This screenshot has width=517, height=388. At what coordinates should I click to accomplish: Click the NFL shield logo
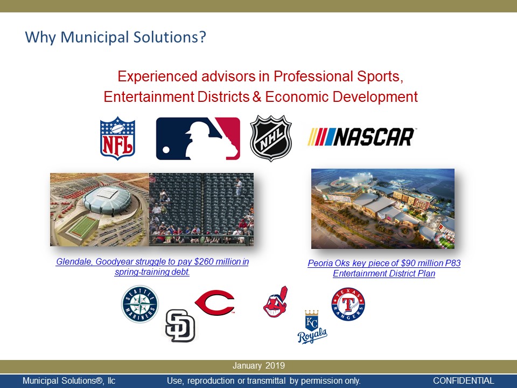pyautogui.click(x=117, y=138)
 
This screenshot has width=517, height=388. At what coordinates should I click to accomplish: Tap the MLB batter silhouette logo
pyautogui.click(x=198, y=138)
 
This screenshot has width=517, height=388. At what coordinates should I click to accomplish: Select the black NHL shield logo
pyautogui.click(x=271, y=138)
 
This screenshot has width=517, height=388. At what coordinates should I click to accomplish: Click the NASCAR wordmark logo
pyautogui.click(x=361, y=136)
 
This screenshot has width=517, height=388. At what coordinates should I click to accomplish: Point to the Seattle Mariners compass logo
pyautogui.click(x=140, y=304)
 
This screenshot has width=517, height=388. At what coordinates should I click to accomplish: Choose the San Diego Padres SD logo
pyautogui.click(x=180, y=325)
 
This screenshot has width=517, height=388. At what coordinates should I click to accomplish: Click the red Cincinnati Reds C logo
pyautogui.click(x=215, y=302)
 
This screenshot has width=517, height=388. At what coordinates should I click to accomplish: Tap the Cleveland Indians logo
pyautogui.click(x=276, y=302)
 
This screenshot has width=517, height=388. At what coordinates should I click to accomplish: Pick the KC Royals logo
pyautogui.click(x=312, y=327)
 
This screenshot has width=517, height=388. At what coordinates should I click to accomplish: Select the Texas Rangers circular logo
pyautogui.click(x=348, y=304)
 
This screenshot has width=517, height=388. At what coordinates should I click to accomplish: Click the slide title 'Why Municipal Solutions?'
pyautogui.click(x=115, y=37)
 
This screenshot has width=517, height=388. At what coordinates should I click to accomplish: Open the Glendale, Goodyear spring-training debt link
pyautogui.click(x=152, y=267)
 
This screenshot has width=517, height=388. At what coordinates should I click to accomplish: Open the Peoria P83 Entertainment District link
pyautogui.click(x=384, y=268)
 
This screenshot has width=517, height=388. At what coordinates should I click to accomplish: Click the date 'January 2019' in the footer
pyautogui.click(x=258, y=365)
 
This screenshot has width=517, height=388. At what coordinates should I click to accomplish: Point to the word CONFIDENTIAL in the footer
pyautogui.click(x=464, y=381)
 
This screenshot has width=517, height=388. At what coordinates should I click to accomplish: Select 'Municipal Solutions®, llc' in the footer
pyautogui.click(x=69, y=381)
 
